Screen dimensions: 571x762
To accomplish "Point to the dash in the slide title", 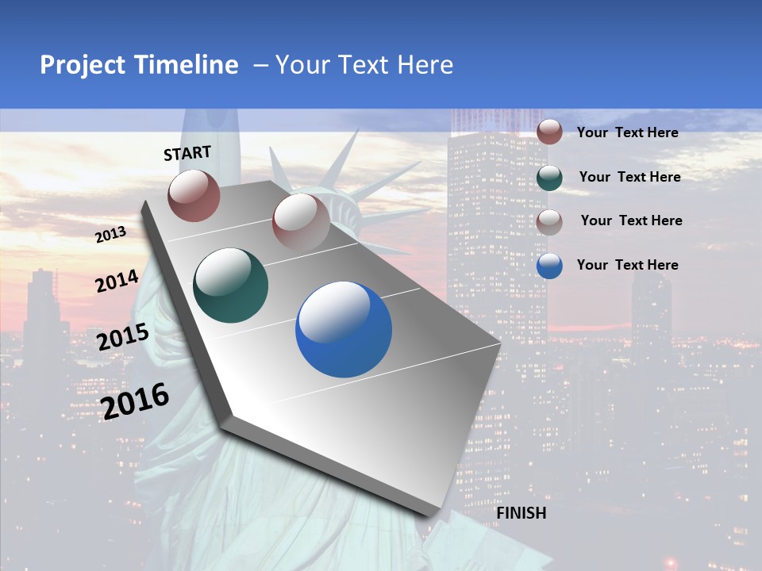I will [x=260, y=66].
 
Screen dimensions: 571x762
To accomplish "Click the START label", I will [x=187, y=152].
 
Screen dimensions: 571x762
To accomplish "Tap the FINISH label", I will [x=521, y=513].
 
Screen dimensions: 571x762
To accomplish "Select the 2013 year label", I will [x=110, y=235].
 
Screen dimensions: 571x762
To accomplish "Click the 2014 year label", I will [x=117, y=281].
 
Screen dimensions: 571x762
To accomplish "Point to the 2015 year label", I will [x=122, y=337].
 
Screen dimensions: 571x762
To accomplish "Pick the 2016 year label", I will [x=135, y=401].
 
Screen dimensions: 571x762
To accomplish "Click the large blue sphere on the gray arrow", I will [x=344, y=329].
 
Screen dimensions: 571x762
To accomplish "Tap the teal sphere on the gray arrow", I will [x=230, y=285].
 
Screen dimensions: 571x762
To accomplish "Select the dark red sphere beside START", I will [x=194, y=195].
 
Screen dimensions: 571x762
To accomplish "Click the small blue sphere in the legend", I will [x=549, y=266].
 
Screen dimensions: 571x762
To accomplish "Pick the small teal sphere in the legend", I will [x=549, y=178].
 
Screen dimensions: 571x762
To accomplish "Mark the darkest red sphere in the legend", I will [x=549, y=132].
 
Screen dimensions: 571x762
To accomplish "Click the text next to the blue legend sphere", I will [x=627, y=265].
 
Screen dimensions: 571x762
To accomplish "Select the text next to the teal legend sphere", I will [x=629, y=177].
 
